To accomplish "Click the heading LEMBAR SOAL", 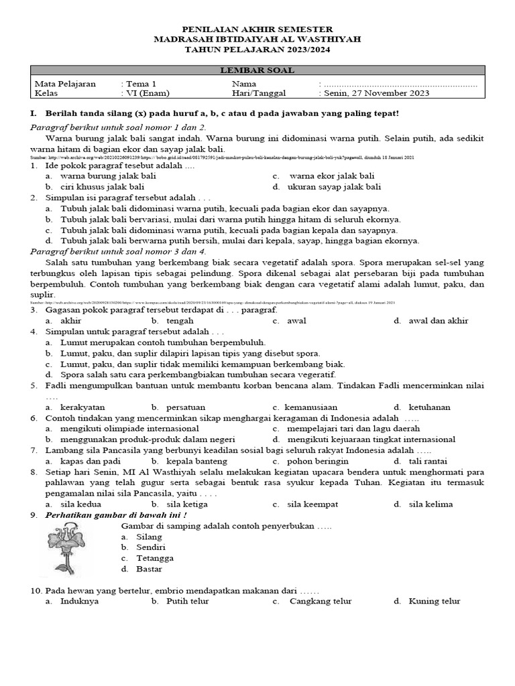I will click(257, 71).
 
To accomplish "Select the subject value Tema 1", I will click(141, 84).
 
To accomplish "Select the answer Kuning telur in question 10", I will click(434, 601).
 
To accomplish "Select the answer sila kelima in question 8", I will click(430, 504).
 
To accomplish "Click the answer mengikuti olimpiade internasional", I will click(127, 429).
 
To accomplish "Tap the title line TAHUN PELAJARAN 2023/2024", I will click(257, 50).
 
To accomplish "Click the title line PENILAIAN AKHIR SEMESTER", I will click(257, 30).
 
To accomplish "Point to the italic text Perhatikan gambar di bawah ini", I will click(116, 515).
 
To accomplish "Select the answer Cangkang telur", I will click(320, 601).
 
